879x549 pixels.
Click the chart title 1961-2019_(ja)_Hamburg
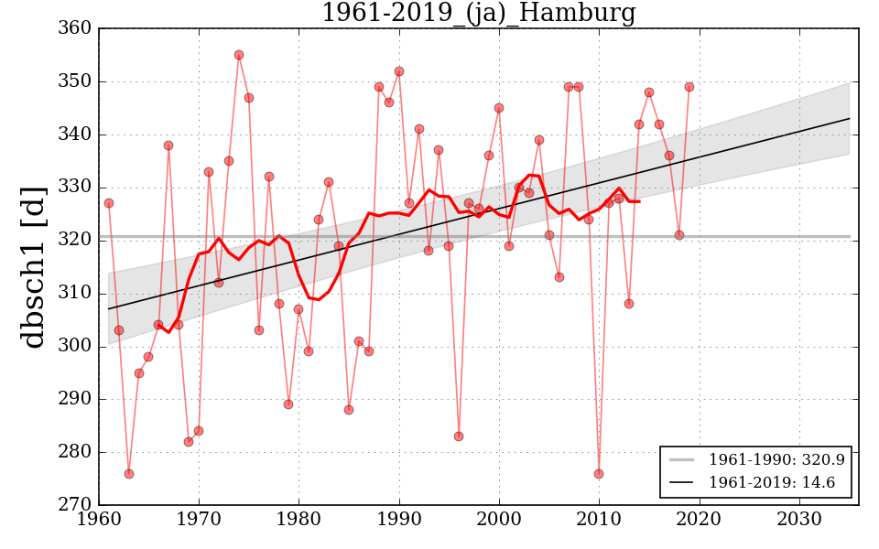478,13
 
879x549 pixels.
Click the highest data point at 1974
239,55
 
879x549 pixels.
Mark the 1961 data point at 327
109,203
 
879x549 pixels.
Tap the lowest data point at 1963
129,474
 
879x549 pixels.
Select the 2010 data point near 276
599,474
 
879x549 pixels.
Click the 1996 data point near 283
459,436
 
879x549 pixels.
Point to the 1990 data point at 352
399,71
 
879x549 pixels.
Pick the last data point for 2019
689,87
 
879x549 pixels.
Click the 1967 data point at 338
168,145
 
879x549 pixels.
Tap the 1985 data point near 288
349,410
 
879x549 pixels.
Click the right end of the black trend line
850,118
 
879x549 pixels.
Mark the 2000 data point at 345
499,108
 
